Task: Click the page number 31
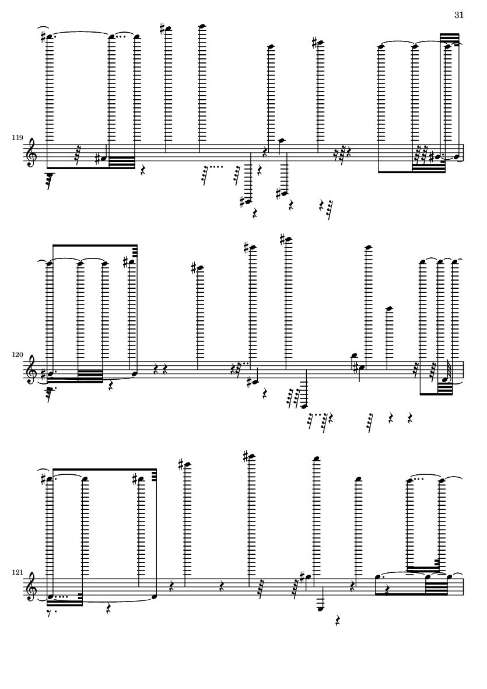(x=459, y=15)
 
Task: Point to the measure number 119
(x=17, y=138)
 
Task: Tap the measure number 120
(x=17, y=355)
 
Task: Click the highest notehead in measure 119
(x=202, y=26)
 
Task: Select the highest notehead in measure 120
(x=288, y=240)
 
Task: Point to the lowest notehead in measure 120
(x=304, y=407)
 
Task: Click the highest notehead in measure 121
(x=251, y=457)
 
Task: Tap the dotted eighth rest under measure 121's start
(x=55, y=611)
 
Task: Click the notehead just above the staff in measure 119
(x=281, y=141)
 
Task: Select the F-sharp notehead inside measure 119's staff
(x=103, y=157)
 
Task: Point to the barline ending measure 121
(x=464, y=586)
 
